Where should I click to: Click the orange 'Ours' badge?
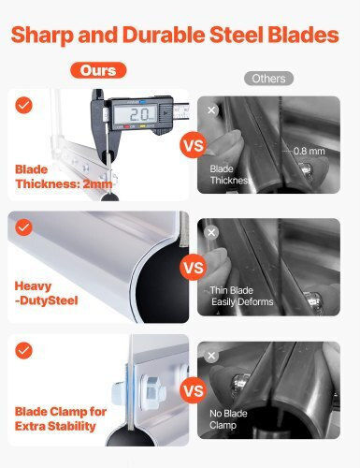click(98, 70)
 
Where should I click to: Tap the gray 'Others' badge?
click(268, 79)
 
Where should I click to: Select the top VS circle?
click(194, 145)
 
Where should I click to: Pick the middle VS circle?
click(194, 268)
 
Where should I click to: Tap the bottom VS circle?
click(194, 390)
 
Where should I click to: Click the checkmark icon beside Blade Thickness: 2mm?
click(23, 105)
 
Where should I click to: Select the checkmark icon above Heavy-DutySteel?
click(23, 227)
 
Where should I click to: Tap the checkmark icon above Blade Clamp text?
click(23, 350)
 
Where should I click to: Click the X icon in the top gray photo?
click(211, 110)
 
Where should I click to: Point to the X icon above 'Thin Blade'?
click(211, 232)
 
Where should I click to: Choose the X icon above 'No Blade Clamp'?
click(211, 356)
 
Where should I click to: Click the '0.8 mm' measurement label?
click(310, 151)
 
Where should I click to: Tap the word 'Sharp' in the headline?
click(42, 35)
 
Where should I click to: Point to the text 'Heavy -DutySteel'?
click(46, 293)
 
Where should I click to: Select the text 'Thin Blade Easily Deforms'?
click(241, 296)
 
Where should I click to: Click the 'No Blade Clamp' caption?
click(228, 419)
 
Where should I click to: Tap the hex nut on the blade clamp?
click(151, 391)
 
